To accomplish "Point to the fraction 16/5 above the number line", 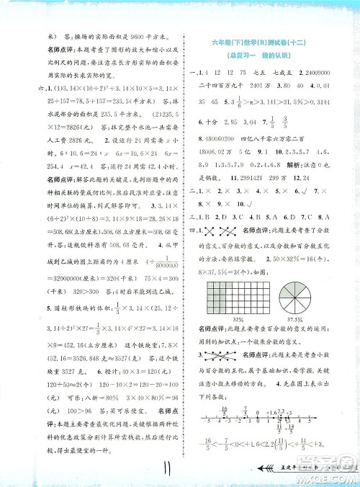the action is tap(204, 409).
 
